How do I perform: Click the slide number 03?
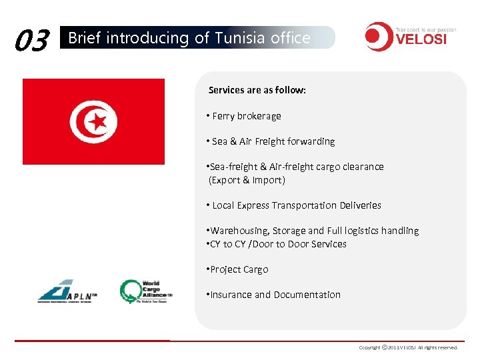click(x=32, y=40)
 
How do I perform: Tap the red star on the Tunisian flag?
click(x=99, y=121)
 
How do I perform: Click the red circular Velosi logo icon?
click(x=378, y=37)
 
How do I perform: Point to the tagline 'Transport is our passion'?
click(x=426, y=29)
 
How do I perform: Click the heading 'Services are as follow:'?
click(x=257, y=90)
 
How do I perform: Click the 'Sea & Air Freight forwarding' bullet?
click(x=273, y=141)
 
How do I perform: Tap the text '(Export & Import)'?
click(x=247, y=180)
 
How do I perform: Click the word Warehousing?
click(x=238, y=231)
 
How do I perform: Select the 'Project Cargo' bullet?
click(x=239, y=269)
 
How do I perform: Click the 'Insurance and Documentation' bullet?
click(x=275, y=295)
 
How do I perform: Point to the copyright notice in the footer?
click(x=409, y=347)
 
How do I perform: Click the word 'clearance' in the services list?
click(x=363, y=167)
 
